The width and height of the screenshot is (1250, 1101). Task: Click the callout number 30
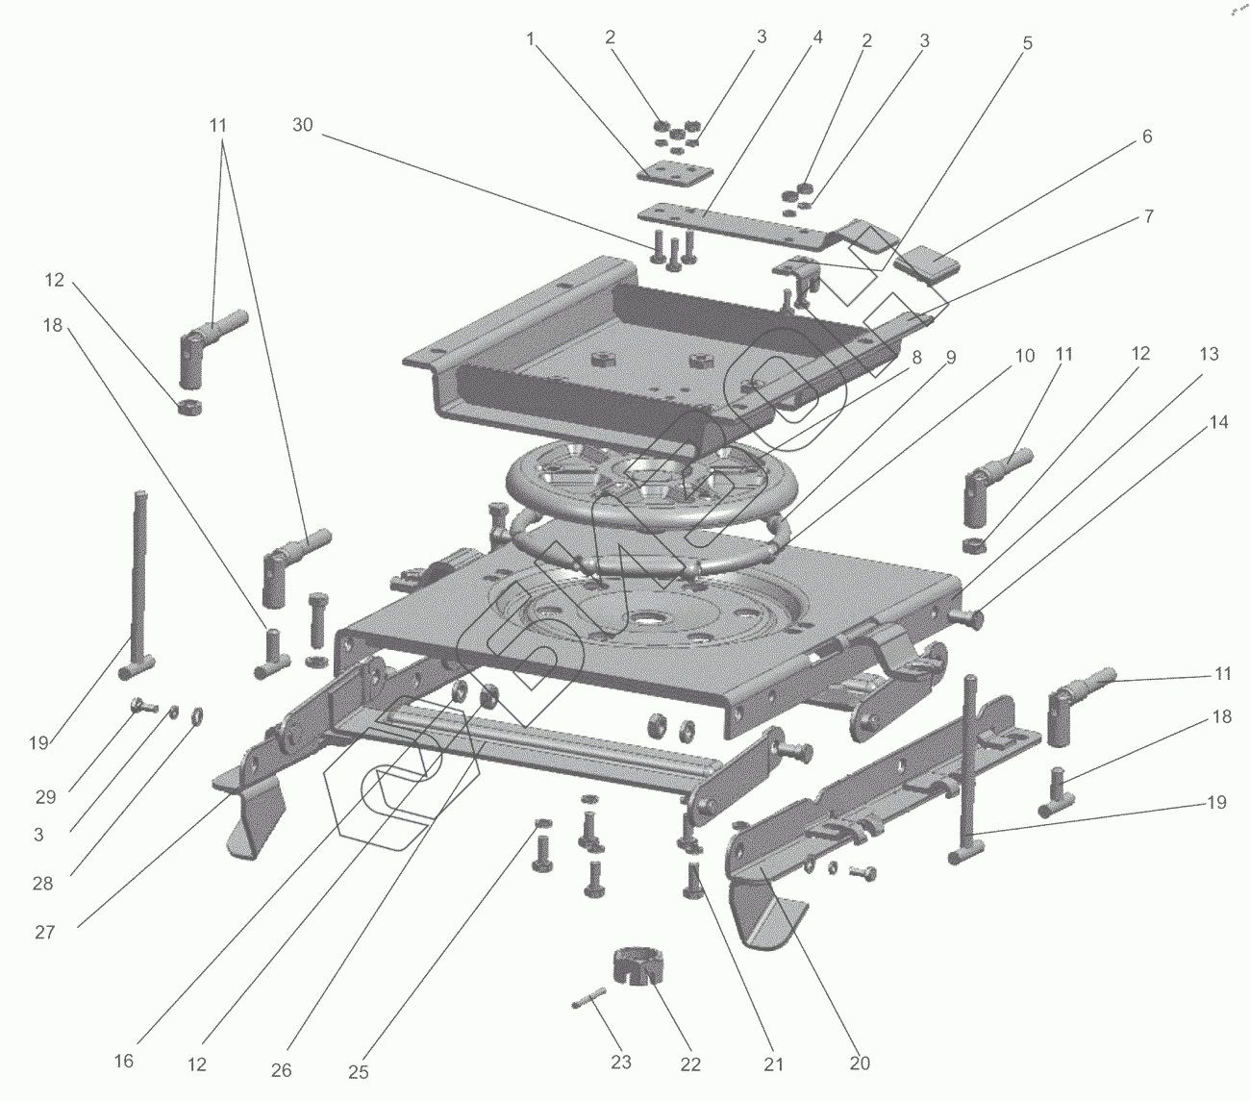303,126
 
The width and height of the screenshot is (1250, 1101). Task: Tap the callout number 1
529,39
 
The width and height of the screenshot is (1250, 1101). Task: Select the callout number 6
1146,138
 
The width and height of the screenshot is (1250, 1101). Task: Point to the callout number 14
1218,422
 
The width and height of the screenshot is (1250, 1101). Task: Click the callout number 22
690,1064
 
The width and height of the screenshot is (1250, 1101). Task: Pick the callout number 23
621,1063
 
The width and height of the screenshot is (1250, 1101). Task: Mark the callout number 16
124,1062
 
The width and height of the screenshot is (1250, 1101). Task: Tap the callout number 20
860,1063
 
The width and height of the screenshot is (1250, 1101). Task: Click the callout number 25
359,1072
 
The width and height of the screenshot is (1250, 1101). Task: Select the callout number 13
1209,355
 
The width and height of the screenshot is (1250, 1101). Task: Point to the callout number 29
46,797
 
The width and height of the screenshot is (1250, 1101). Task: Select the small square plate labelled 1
676,172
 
